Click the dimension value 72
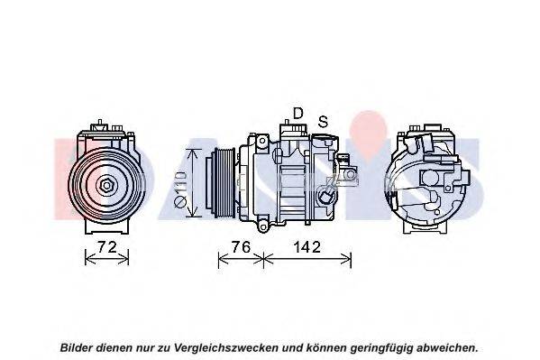click(x=107, y=247)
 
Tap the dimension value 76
click(x=241, y=247)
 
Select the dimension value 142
click(x=307, y=247)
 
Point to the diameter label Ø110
click(x=180, y=189)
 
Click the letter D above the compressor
click(x=297, y=113)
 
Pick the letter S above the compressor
click(x=323, y=121)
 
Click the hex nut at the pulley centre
click(x=106, y=186)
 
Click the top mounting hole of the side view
click(x=262, y=141)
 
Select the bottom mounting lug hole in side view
click(x=263, y=227)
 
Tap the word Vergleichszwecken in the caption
click(x=226, y=347)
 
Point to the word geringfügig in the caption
click(x=381, y=347)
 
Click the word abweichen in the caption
click(x=445, y=347)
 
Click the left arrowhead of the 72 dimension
click(x=89, y=257)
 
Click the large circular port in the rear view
click(x=430, y=178)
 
